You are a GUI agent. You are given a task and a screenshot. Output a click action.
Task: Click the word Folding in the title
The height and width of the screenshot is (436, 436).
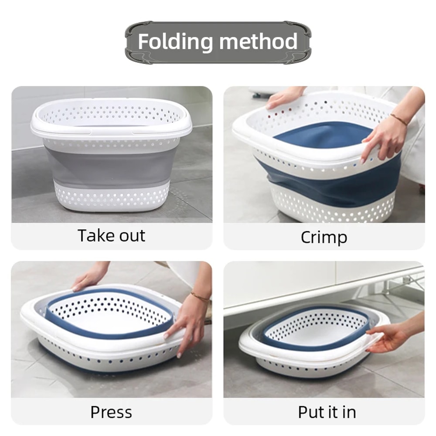(x=176, y=42)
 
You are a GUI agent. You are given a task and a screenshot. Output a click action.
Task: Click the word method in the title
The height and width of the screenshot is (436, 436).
(x=259, y=42)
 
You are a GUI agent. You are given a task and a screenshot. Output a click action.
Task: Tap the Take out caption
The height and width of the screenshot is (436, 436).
(x=111, y=236)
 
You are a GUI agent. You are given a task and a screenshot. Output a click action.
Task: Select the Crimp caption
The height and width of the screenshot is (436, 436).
(x=324, y=238)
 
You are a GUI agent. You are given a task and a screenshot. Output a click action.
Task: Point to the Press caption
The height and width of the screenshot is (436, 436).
(x=111, y=412)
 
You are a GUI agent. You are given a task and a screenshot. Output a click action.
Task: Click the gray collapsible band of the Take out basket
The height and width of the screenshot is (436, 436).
(x=111, y=166)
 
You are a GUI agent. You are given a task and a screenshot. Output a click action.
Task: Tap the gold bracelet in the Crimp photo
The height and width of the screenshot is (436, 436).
(x=399, y=120)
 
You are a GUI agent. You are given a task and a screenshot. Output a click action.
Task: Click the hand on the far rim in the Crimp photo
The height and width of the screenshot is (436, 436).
(x=283, y=97)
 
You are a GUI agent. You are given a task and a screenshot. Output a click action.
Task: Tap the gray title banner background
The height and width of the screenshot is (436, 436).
(x=218, y=57)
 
